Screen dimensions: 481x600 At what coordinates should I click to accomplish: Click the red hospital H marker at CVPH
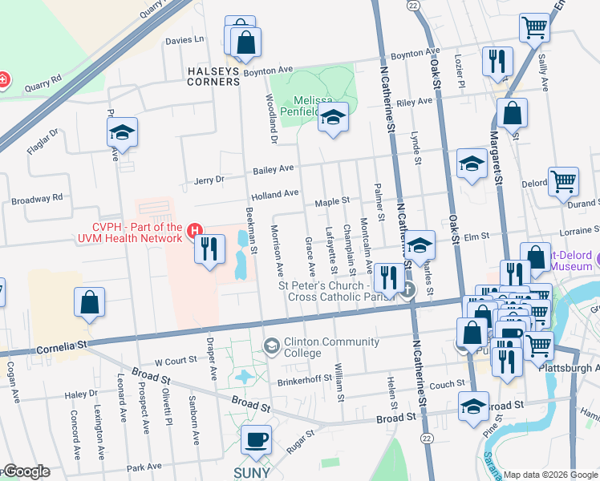[194, 232]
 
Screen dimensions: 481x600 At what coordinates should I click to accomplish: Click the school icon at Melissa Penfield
[332, 119]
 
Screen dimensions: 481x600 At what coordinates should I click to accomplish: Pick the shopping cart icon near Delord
[563, 182]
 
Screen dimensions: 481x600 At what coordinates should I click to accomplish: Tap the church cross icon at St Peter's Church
[408, 289]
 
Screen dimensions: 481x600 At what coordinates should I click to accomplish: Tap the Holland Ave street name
[274, 193]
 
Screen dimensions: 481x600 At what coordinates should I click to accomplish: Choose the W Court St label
[175, 362]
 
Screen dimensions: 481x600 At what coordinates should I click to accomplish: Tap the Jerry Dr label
[209, 181]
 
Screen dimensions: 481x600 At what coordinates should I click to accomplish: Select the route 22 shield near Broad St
[427, 438]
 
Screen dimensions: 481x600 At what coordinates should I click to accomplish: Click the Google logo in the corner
[26, 471]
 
